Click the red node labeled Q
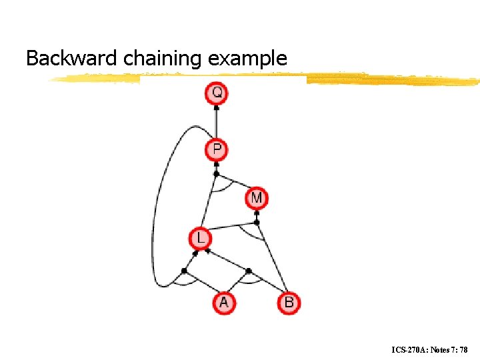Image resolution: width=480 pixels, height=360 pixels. pyautogui.click(x=217, y=93)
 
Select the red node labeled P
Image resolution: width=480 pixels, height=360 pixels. pyautogui.click(x=217, y=149)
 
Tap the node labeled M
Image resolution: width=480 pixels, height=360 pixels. pyautogui.click(x=257, y=197)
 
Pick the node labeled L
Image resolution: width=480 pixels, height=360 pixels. pyautogui.click(x=200, y=237)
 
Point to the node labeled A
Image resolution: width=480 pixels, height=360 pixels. pyautogui.click(x=223, y=303)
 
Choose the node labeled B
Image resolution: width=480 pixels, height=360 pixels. pyautogui.click(x=289, y=303)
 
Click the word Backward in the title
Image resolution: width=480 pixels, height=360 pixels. pyautogui.click(x=73, y=59)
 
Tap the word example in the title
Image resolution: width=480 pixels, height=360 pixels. pyautogui.click(x=247, y=59)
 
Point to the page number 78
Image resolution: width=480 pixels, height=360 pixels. pyautogui.click(x=464, y=349)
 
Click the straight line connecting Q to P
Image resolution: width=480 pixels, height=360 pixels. pyautogui.click(x=217, y=121)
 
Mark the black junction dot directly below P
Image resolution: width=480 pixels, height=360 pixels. pyautogui.click(x=216, y=174)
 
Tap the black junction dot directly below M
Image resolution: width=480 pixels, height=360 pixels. pyautogui.click(x=257, y=222)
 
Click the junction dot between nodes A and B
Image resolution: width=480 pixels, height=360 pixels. pyautogui.click(x=249, y=271)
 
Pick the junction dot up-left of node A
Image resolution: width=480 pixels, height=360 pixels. pyautogui.click(x=185, y=271)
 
